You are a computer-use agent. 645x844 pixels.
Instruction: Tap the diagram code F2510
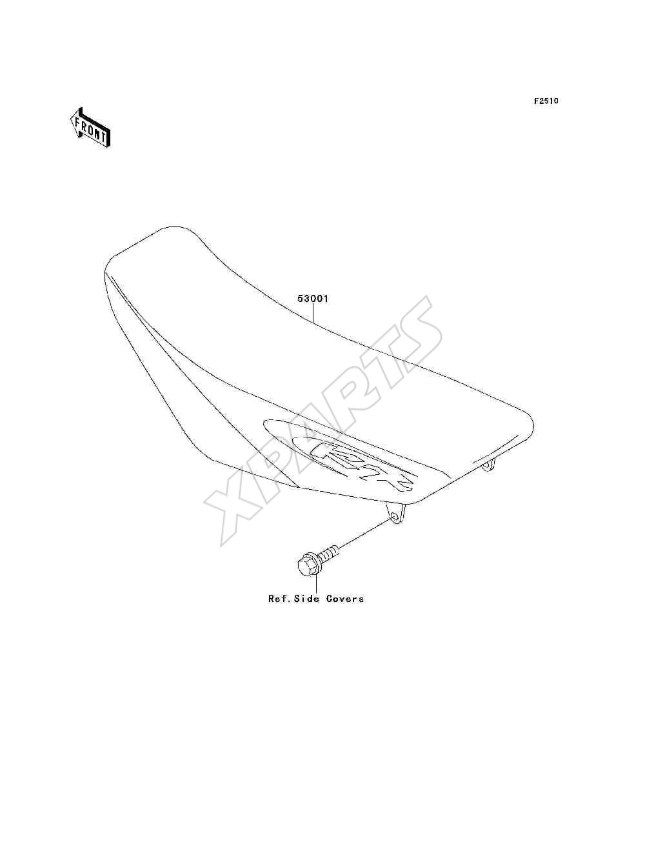point(546,101)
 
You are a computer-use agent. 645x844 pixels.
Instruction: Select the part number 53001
point(313,298)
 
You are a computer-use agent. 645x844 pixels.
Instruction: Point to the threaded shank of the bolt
point(329,552)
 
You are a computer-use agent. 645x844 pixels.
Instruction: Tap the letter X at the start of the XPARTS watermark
point(235,504)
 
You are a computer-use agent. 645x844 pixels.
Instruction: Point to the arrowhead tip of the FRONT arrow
point(71,119)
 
